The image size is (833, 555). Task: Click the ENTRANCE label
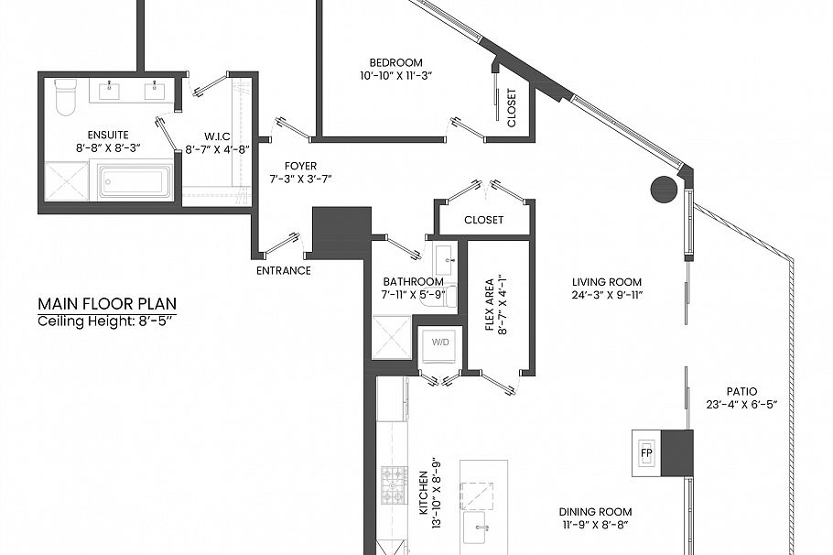(x=283, y=270)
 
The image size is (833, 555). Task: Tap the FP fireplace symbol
(x=646, y=453)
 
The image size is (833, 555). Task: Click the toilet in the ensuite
(x=66, y=97)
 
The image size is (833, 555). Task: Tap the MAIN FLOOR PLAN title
(x=107, y=304)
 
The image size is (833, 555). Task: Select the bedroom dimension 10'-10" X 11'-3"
(x=395, y=76)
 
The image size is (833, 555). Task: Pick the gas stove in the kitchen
(x=394, y=484)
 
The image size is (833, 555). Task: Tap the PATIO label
(x=741, y=391)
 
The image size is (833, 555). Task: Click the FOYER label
(x=300, y=167)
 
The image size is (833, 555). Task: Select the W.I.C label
(x=217, y=136)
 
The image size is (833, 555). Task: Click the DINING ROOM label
(x=595, y=512)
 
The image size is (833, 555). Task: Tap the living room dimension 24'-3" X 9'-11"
(x=607, y=295)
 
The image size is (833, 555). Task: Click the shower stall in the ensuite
(x=67, y=180)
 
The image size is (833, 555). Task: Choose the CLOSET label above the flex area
(x=483, y=220)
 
